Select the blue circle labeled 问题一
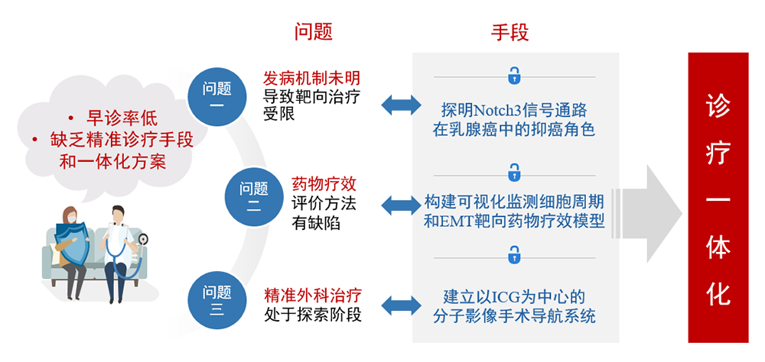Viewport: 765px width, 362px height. pyautogui.click(x=216, y=96)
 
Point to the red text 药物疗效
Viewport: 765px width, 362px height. pyautogui.click(x=324, y=185)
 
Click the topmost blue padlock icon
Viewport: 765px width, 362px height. pyautogui.click(x=514, y=76)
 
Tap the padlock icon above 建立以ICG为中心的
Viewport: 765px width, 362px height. pyautogui.click(x=514, y=254)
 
